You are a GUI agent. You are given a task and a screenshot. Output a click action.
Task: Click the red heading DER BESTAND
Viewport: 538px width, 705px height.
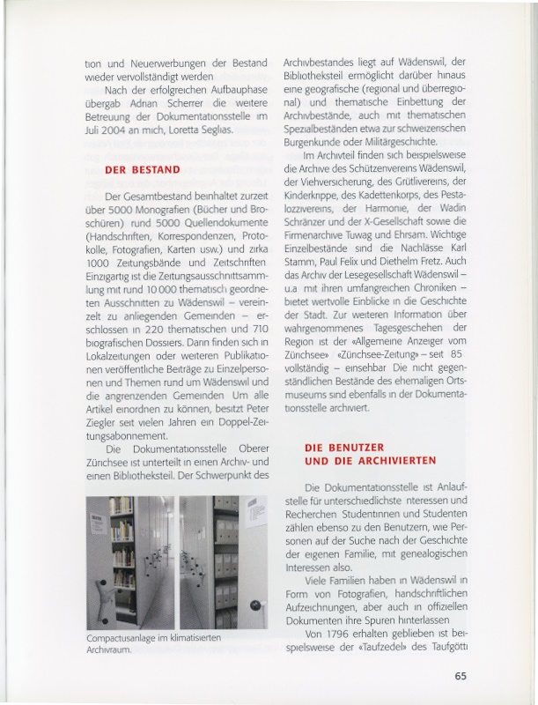point(142,168)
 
